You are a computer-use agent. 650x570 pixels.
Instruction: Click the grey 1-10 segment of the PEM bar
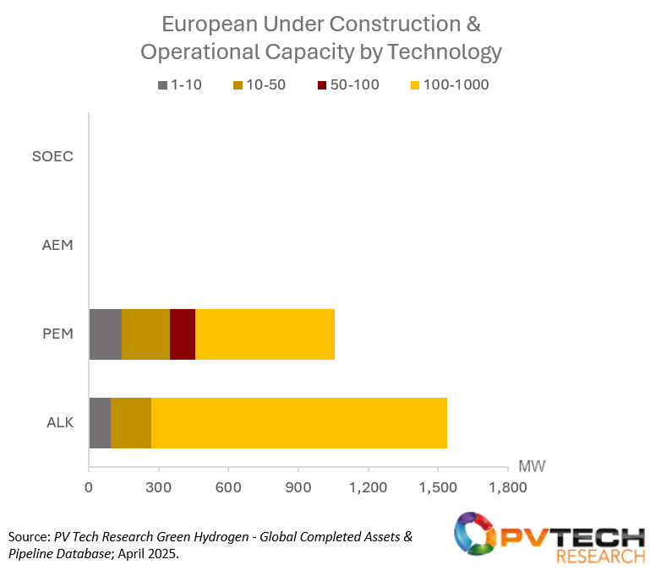(105, 334)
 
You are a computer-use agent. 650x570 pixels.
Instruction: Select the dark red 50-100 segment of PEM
(183, 334)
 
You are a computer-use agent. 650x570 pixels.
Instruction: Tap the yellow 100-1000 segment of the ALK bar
(298, 422)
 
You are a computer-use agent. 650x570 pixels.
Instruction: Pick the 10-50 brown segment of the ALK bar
(131, 422)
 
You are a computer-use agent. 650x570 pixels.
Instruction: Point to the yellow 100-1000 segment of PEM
(265, 334)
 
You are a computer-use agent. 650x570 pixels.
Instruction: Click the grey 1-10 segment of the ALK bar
(100, 422)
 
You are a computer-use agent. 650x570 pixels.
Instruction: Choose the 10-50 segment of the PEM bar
(145, 334)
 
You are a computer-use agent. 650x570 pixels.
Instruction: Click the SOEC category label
(52, 157)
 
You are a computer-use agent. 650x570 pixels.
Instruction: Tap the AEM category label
(57, 246)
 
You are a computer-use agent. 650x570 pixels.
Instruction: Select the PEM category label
(57, 334)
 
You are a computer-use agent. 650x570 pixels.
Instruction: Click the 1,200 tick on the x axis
(367, 488)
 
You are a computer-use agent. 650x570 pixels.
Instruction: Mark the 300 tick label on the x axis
(158, 488)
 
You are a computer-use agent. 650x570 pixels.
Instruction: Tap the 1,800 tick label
(506, 488)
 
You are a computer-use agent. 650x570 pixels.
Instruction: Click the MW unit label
(530, 465)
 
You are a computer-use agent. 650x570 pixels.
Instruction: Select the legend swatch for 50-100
(323, 84)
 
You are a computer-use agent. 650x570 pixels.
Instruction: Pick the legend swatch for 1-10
(163, 84)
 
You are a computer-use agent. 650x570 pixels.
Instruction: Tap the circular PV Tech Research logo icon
(477, 536)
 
